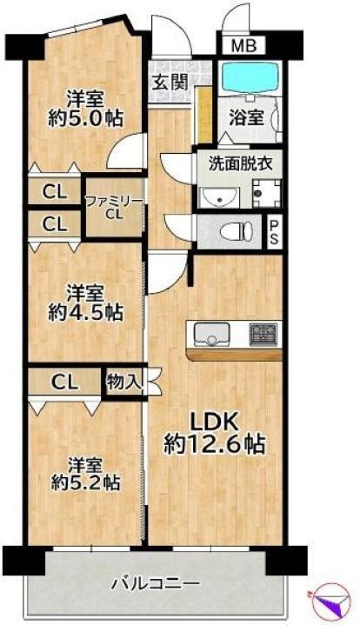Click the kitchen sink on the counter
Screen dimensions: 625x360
click(x=210, y=335)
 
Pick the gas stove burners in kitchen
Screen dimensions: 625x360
click(x=263, y=333)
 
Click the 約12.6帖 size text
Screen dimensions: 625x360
click(x=215, y=444)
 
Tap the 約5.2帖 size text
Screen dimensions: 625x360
click(x=84, y=480)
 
